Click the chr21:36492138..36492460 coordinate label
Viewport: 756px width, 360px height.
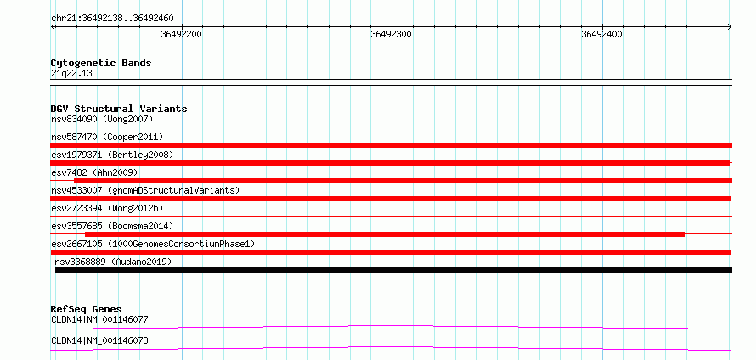coord(112,19)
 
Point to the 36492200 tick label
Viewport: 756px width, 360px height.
coord(181,34)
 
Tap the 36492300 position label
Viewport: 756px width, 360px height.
coord(391,34)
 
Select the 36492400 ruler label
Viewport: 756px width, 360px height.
coord(601,34)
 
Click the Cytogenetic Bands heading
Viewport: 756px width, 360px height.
coord(101,63)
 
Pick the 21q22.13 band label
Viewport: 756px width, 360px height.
coord(71,74)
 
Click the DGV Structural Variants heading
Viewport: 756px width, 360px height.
coord(119,109)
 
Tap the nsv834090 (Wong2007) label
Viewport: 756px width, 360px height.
coord(102,119)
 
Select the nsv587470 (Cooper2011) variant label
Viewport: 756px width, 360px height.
coord(107,137)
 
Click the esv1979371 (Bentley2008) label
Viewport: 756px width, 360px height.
coord(112,155)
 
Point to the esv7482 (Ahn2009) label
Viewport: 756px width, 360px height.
coord(94,172)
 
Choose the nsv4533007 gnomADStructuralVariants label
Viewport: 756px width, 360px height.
coord(145,190)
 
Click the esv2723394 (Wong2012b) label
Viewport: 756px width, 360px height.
coord(107,208)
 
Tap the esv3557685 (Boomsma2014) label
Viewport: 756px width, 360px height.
coord(112,226)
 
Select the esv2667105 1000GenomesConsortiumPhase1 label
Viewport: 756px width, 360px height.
coord(153,244)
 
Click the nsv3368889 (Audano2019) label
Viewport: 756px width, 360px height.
coord(113,262)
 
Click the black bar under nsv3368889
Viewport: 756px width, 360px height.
coord(393,270)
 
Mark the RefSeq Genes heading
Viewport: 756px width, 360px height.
coord(87,309)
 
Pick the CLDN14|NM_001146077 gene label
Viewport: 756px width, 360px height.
coord(99,319)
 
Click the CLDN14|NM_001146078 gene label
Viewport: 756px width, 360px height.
coord(99,341)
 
